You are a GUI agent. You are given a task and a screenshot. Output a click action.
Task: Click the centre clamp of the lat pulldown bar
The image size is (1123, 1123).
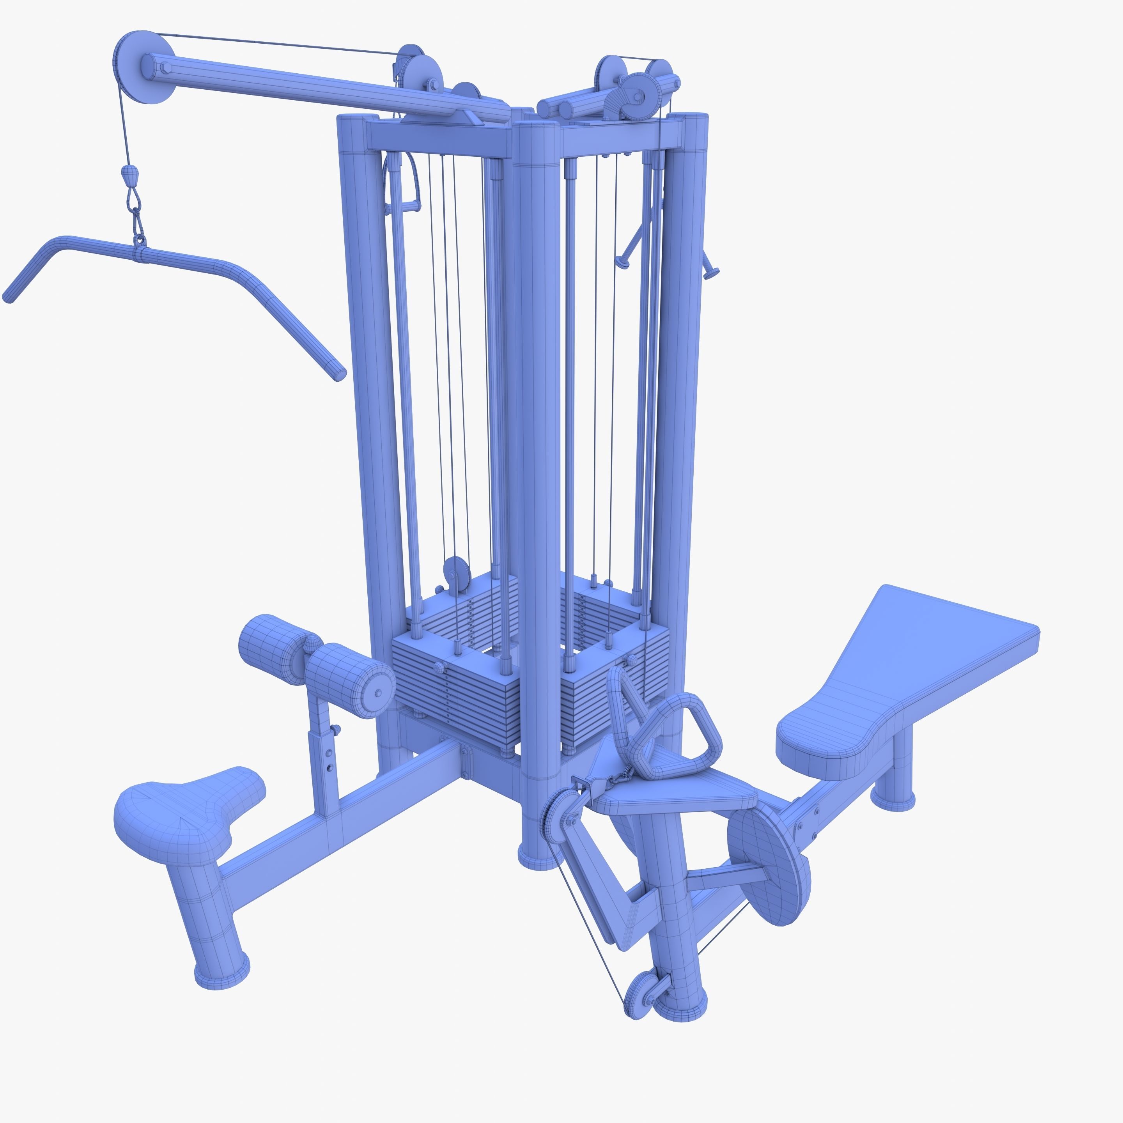coord(140,254)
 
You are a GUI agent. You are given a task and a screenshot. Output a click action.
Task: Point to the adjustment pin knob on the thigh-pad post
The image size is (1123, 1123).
coord(337,729)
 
